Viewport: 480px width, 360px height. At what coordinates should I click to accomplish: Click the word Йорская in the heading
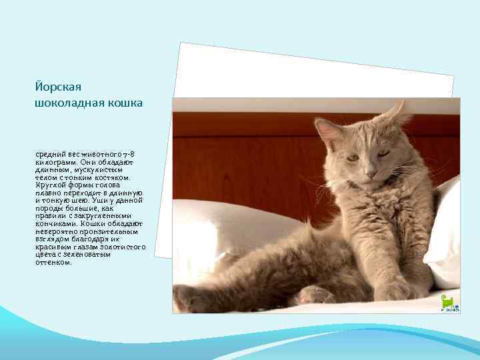57,87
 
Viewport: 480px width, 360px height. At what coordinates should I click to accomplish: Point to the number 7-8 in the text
130,155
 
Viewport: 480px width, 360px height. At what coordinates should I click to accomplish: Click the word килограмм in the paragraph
56,161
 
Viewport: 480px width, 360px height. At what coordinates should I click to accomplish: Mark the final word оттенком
53,262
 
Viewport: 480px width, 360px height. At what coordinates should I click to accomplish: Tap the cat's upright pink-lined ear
327,131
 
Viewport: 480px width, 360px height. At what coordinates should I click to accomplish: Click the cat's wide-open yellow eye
352,157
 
